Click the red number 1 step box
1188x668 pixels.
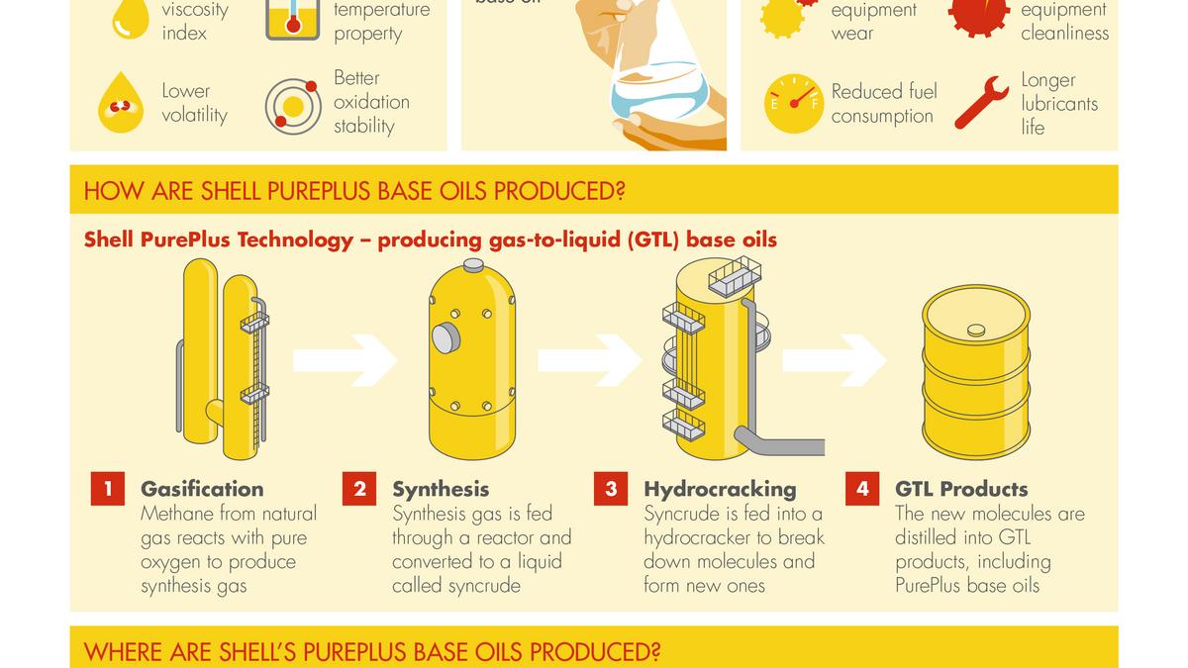coord(108,489)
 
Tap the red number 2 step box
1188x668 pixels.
coord(359,489)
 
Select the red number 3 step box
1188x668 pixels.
coord(611,489)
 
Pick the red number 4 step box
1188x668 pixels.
coord(862,489)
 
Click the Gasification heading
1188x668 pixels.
coord(202,489)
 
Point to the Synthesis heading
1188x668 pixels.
coord(441,489)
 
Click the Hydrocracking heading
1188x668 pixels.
coord(720,489)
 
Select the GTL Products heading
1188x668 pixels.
coord(961,489)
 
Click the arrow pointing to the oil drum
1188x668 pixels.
coord(835,360)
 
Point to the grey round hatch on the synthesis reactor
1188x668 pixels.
coord(445,338)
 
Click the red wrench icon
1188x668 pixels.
coord(981,103)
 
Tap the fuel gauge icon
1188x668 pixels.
coord(793,103)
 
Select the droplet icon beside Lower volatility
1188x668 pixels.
coord(121,103)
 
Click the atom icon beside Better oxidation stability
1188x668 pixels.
coord(292,105)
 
